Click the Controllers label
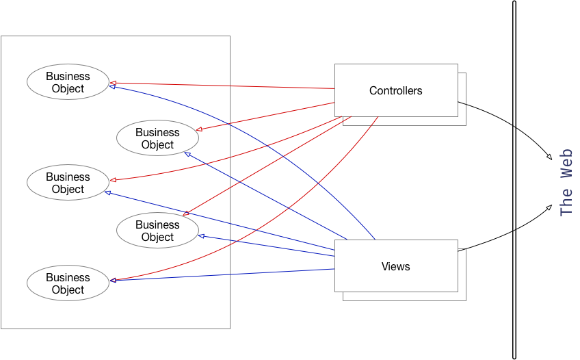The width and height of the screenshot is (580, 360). point(395,90)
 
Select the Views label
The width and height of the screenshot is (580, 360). point(395,266)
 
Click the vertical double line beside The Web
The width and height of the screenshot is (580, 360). point(514,179)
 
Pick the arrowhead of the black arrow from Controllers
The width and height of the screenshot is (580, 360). point(549,158)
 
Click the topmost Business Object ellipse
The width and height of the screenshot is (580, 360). point(68,82)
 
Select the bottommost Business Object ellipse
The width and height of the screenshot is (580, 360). point(68,283)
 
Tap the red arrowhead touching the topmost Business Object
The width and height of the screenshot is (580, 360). point(112,81)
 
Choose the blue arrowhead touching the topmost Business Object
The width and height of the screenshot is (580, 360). point(112,86)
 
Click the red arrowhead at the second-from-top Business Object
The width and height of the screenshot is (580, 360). point(198,129)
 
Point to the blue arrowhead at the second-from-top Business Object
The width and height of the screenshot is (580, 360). point(187,153)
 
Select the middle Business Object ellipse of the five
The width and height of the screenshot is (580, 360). point(68,183)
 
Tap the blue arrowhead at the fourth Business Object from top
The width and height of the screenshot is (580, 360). point(201,236)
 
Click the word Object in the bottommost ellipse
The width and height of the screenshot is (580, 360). point(68,290)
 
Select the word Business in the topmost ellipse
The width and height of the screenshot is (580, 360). point(68,76)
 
